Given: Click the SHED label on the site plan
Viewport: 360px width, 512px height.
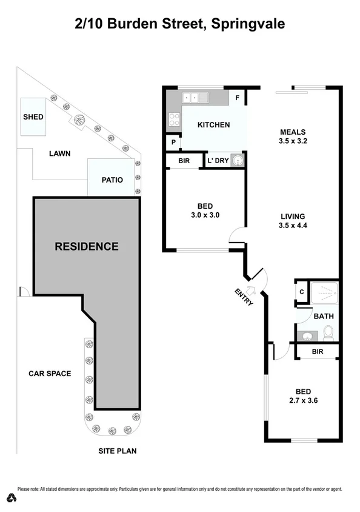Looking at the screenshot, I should (x=33, y=116).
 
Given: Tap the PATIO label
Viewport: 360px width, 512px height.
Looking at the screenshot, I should (x=113, y=180).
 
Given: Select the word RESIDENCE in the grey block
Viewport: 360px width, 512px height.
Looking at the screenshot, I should (x=87, y=246).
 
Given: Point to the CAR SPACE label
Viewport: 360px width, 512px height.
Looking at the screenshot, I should (x=50, y=373).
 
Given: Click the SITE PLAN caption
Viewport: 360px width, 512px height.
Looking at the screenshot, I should (x=118, y=451).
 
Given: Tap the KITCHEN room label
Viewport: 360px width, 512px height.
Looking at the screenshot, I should (x=214, y=125).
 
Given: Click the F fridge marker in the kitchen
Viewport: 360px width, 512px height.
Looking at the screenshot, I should (x=238, y=97).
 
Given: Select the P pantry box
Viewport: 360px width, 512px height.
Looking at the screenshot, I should (x=173, y=143).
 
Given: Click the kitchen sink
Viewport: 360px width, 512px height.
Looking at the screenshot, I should (x=195, y=97).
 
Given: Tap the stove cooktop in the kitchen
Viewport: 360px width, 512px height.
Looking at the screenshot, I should (x=174, y=119).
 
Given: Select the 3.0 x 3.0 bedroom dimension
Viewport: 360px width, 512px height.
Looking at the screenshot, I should (x=204, y=215).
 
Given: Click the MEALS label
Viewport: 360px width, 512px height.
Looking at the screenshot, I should (x=292, y=132).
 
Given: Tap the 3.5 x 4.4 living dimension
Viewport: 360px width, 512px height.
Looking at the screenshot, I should (x=292, y=226).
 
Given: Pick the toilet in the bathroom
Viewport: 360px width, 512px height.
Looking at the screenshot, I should (x=328, y=332).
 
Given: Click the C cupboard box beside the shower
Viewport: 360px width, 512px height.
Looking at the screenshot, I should (x=301, y=292).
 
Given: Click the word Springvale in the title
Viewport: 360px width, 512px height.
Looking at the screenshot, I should (x=245, y=24).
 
